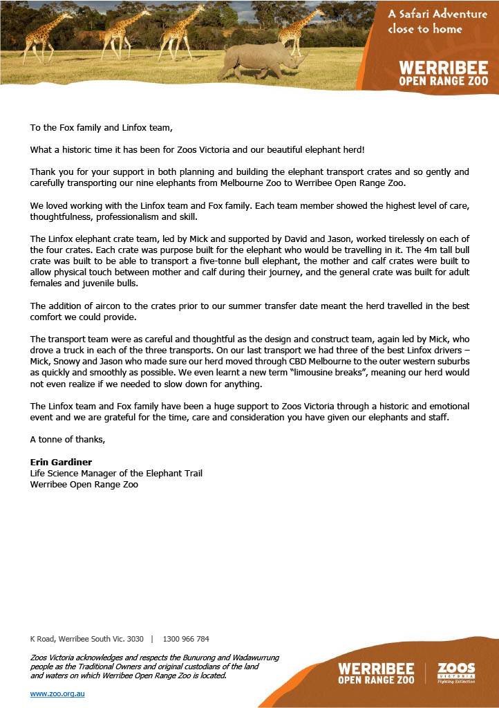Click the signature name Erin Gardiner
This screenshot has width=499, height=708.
tap(62, 462)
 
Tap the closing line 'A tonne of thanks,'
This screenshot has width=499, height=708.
tap(68, 439)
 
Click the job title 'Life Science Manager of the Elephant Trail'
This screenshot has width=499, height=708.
tap(116, 473)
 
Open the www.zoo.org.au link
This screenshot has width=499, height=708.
tap(57, 693)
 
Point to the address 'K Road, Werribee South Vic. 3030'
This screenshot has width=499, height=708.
tap(86, 639)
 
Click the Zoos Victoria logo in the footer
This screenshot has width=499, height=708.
tap(457, 672)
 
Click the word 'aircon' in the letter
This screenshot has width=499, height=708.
tap(120, 306)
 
